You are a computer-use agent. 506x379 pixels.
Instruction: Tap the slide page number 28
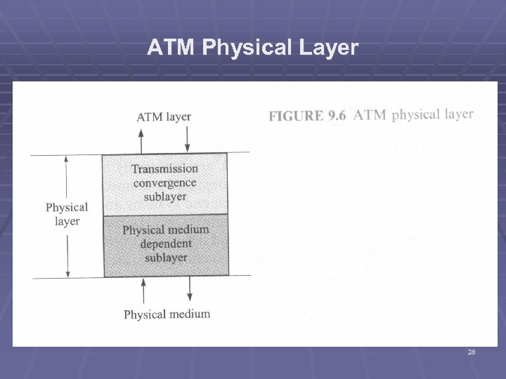[472, 352]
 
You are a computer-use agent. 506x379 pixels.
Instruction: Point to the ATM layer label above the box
[163, 117]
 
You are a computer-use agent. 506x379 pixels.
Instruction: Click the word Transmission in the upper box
[164, 169]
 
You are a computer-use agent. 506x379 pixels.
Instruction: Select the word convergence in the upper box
[164, 182]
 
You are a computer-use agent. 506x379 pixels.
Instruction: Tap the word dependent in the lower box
[165, 244]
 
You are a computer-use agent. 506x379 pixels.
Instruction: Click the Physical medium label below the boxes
[167, 314]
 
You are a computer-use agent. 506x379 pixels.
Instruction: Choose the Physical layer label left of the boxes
[67, 214]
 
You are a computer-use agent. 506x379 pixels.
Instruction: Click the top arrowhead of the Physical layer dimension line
[66, 159]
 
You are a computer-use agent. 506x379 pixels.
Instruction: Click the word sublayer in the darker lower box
[165, 258]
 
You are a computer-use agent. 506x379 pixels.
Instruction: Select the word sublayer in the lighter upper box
[164, 196]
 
